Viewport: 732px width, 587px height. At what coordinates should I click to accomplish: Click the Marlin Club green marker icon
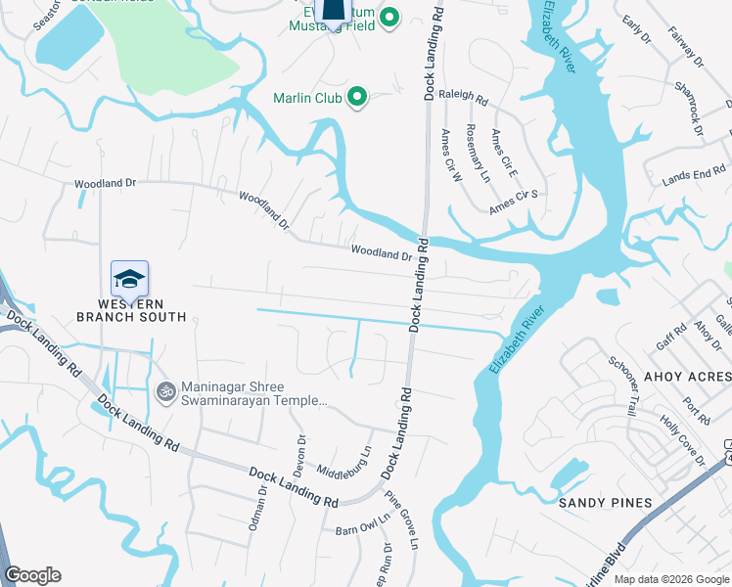click(x=356, y=97)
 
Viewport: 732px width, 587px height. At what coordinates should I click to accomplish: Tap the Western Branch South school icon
click(x=129, y=280)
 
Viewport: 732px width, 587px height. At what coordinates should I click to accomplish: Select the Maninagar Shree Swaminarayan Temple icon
click(x=164, y=391)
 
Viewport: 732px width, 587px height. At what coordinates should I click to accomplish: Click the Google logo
click(x=32, y=575)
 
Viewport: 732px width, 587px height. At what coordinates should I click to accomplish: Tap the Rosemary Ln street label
click(x=478, y=155)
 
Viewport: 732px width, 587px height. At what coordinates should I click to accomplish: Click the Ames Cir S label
click(x=515, y=203)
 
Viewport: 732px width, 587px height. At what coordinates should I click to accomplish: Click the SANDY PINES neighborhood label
click(x=605, y=503)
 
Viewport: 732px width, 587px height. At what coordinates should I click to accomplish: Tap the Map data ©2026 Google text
click(x=670, y=579)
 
